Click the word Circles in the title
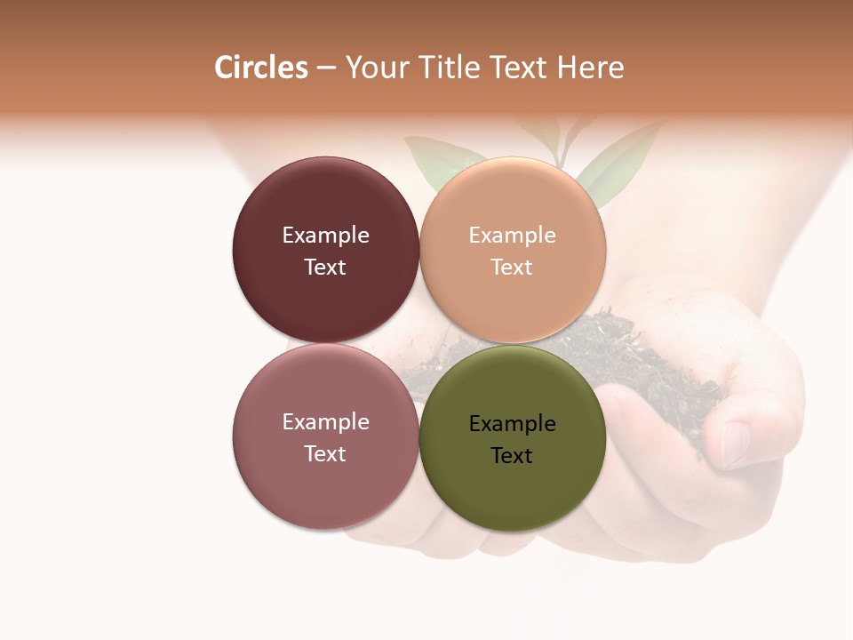[x=261, y=68]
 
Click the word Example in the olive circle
[x=513, y=424]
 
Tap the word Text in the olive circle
[x=512, y=456]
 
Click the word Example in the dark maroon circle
[x=325, y=236]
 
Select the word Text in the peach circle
[x=512, y=268]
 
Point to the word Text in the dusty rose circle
[x=325, y=454]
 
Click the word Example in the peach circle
[x=513, y=236]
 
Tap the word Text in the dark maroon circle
[x=325, y=268]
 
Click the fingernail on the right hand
[x=736, y=444]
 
